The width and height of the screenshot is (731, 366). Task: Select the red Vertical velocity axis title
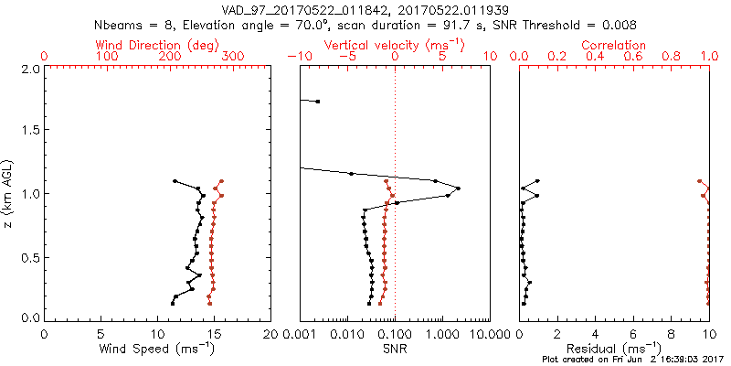[394, 45]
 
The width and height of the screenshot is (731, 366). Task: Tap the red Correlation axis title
[614, 45]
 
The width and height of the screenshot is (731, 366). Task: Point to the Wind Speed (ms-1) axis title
[157, 350]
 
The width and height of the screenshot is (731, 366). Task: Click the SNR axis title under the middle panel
[394, 350]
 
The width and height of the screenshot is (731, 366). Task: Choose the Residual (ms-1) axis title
[614, 349]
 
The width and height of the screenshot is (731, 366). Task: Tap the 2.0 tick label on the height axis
[30, 69]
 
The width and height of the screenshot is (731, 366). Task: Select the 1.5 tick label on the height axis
[30, 131]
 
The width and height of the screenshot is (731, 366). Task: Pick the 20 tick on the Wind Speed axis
[270, 335]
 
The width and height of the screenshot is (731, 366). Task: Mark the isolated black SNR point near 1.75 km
[317, 101]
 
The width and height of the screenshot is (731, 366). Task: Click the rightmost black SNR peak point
[458, 188]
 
